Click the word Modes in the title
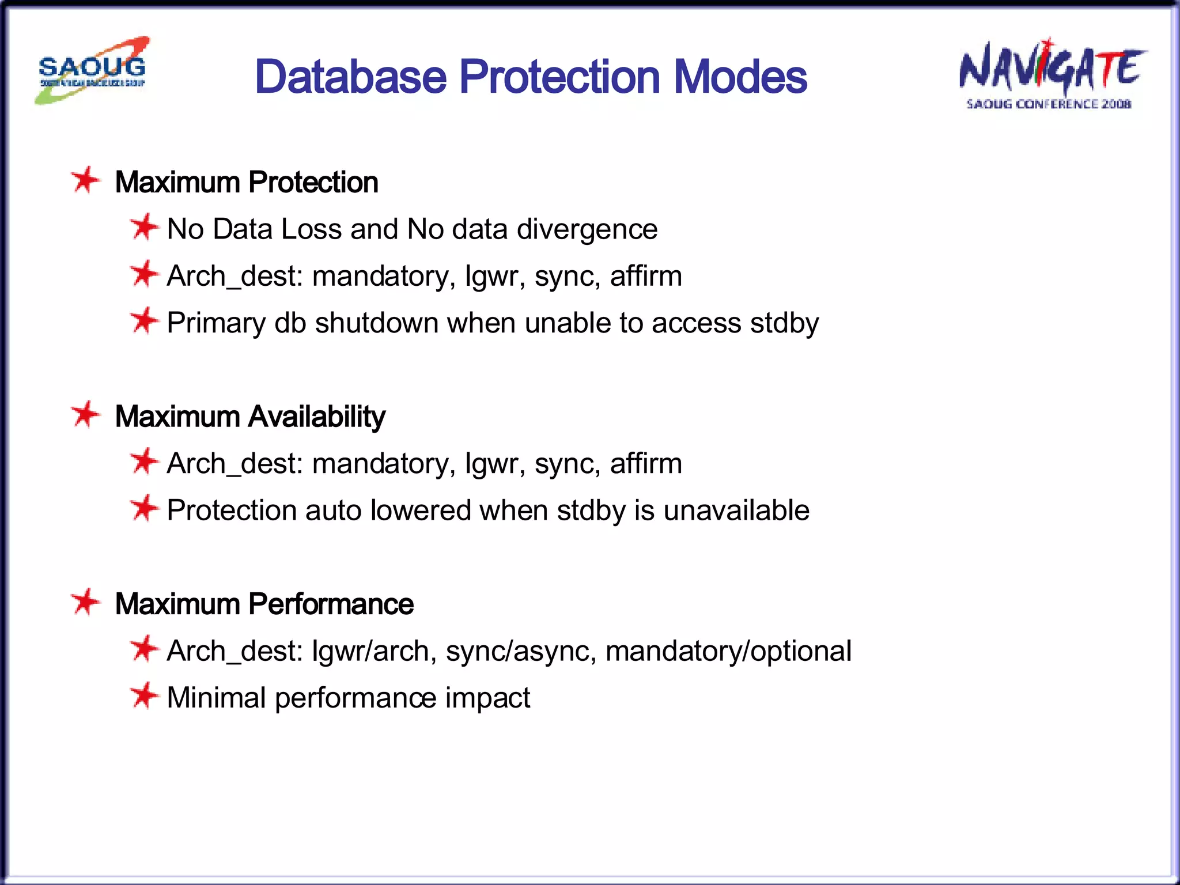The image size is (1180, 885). tap(740, 77)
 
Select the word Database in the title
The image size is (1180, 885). tap(350, 77)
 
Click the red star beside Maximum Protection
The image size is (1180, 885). tap(86, 180)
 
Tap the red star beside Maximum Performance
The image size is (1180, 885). tap(86, 602)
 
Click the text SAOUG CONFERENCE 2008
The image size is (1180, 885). tap(1049, 104)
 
